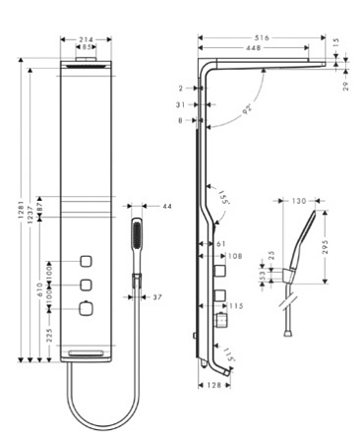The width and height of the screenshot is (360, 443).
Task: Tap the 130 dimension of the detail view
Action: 298,202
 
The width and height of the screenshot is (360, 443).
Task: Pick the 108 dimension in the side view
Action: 234,256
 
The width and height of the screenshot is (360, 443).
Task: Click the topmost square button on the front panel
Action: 87,263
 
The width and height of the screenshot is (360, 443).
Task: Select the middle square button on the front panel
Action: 87,285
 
